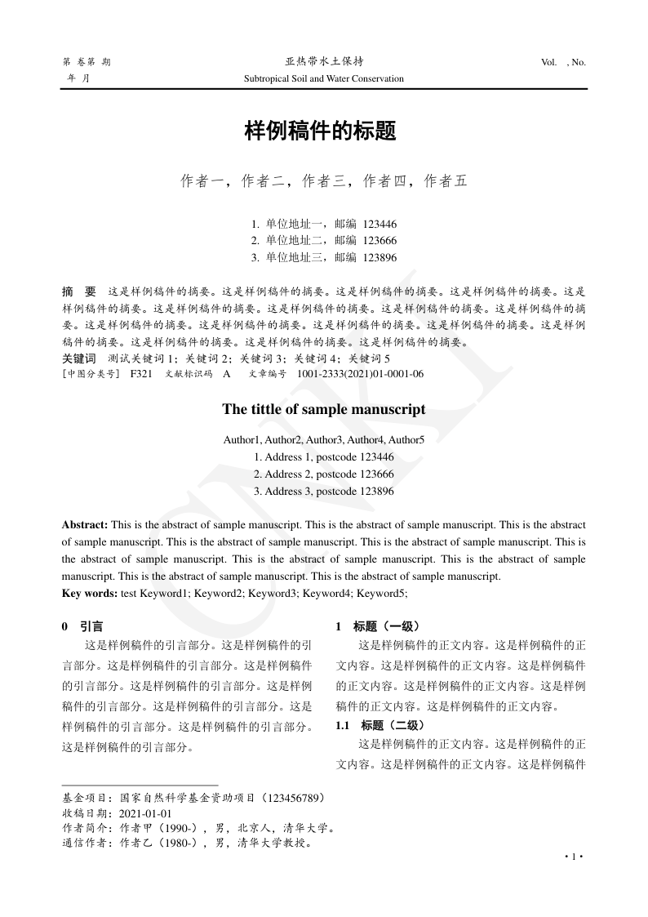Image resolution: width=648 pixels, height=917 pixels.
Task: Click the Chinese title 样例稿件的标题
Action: click(x=324, y=131)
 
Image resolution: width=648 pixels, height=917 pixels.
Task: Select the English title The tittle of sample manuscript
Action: click(x=324, y=410)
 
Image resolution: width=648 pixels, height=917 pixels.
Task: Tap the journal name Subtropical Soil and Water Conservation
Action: click(x=324, y=79)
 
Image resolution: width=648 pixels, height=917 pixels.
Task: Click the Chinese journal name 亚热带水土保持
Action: click(x=324, y=62)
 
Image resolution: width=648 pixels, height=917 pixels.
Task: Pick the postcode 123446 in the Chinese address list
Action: click(x=380, y=224)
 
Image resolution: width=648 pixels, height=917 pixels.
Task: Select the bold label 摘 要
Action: click(x=79, y=291)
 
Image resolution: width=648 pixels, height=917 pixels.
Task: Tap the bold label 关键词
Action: click(x=78, y=358)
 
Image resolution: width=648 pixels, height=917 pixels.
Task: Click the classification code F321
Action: click(x=141, y=373)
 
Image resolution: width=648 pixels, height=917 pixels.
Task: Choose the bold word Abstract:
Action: click(x=85, y=523)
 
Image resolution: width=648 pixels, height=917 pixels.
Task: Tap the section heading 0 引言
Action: click(x=82, y=627)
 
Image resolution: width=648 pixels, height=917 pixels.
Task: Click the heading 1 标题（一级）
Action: click(x=377, y=627)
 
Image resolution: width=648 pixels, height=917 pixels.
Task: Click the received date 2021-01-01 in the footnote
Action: click(x=145, y=814)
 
